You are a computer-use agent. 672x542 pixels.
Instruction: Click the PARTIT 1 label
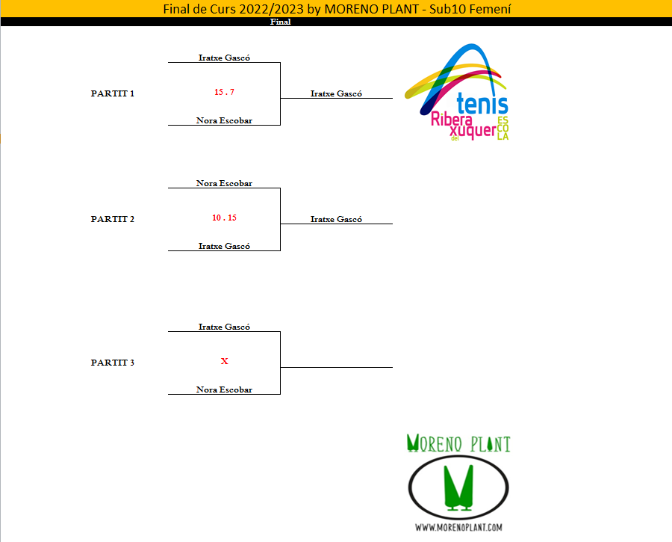pyautogui.click(x=113, y=93)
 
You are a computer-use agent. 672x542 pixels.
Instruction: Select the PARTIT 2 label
pyautogui.click(x=113, y=219)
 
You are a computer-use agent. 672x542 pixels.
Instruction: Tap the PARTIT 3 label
pyautogui.click(x=113, y=363)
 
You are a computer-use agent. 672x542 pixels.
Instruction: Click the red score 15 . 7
pyautogui.click(x=224, y=92)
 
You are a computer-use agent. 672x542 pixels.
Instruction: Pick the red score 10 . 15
pyautogui.click(x=224, y=218)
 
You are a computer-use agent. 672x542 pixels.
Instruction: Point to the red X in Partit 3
pyautogui.click(x=224, y=361)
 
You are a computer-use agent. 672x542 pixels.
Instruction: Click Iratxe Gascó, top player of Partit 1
pyautogui.click(x=224, y=58)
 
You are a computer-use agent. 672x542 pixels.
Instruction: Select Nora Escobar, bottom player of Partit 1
pyautogui.click(x=224, y=120)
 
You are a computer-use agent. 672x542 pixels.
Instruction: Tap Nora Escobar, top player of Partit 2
pyautogui.click(x=224, y=183)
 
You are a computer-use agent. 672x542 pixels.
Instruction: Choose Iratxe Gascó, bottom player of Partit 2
pyautogui.click(x=224, y=246)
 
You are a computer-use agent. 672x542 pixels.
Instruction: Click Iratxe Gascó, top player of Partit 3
pyautogui.click(x=224, y=327)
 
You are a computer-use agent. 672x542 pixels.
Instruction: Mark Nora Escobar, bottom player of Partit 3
pyautogui.click(x=224, y=389)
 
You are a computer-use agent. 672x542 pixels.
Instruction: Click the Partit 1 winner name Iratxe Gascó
pyautogui.click(x=336, y=93)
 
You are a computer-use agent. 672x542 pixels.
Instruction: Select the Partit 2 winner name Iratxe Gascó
pyautogui.click(x=336, y=219)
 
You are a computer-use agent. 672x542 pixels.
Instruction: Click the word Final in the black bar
pyautogui.click(x=280, y=22)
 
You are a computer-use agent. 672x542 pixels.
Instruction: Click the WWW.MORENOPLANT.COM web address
pyautogui.click(x=458, y=527)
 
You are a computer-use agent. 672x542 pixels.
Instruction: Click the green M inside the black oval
pyautogui.click(x=458, y=486)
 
